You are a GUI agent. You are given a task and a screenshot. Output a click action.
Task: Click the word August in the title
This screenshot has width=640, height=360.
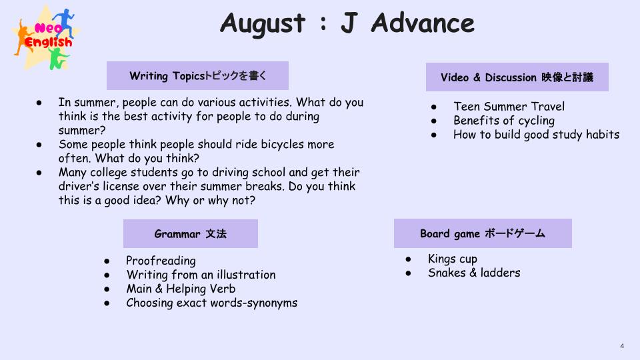coord(263,24)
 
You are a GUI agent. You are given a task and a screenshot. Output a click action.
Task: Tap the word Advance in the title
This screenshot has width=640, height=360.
coord(423,23)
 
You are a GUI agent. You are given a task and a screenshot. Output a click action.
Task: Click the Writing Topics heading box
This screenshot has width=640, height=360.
coord(197,75)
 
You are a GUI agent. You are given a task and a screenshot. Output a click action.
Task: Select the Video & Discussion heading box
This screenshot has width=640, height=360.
coord(517,77)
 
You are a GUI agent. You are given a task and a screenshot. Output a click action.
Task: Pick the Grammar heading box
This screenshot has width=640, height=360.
coord(191,233)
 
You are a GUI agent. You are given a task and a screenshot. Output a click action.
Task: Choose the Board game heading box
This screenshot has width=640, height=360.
coord(483,233)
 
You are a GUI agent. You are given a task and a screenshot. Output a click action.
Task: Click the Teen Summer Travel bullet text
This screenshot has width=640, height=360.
coord(509,107)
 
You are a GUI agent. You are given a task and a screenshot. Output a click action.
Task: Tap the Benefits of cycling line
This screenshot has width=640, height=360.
coord(504,121)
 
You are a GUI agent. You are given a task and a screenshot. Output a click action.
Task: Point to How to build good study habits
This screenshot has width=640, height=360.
coord(536,135)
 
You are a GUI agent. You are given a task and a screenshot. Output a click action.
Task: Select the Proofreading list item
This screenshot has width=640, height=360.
coord(161,261)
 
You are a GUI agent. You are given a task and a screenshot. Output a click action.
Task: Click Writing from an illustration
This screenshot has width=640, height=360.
coord(201,275)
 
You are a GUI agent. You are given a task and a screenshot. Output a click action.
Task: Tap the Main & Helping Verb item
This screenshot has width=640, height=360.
coord(181,289)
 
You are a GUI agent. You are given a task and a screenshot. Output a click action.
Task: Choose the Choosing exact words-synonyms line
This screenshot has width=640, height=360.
coord(212,303)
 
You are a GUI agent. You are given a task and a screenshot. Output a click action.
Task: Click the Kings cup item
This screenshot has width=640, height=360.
coord(453,259)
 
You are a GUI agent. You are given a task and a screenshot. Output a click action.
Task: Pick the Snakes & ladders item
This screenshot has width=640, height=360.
coord(474,273)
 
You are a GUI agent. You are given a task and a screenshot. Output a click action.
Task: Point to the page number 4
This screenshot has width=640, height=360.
coord(622,346)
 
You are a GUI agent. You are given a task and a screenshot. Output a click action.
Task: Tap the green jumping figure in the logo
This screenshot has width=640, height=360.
coord(58,58)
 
